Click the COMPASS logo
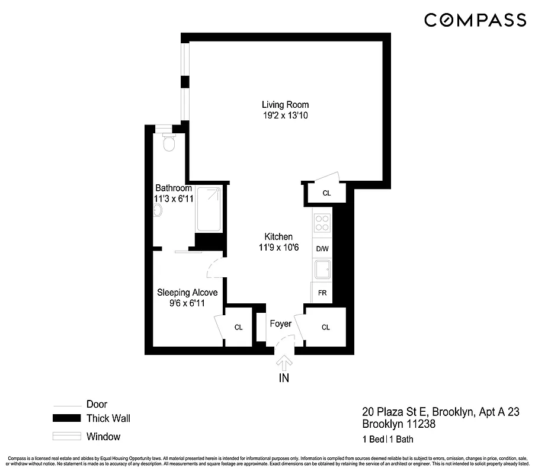[475, 20]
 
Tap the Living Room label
[286, 105]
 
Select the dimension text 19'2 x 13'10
[286, 116]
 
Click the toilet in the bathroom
[169, 143]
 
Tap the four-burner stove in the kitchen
[322, 223]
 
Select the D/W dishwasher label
[322, 249]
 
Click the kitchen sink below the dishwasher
[322, 271]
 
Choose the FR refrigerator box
[322, 293]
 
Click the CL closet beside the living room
[326, 193]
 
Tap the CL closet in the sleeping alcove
[238, 327]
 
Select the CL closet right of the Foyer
[326, 327]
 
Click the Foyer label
[280, 324]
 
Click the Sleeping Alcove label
[187, 293]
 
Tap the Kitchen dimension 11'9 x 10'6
[278, 247]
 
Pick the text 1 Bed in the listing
[373, 440]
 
